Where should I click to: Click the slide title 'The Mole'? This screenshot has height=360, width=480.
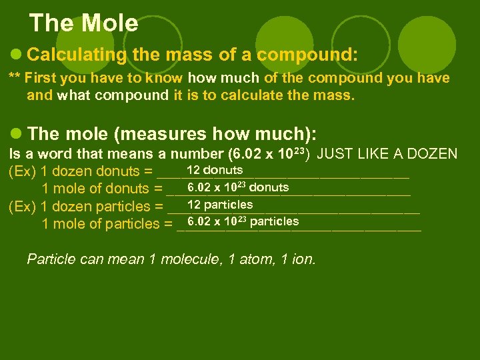coord(84,23)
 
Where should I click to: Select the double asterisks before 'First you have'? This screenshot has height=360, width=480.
coord(13,77)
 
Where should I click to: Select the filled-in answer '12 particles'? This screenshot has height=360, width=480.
coord(220,205)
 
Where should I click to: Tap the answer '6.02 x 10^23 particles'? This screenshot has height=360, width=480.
coord(243,221)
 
